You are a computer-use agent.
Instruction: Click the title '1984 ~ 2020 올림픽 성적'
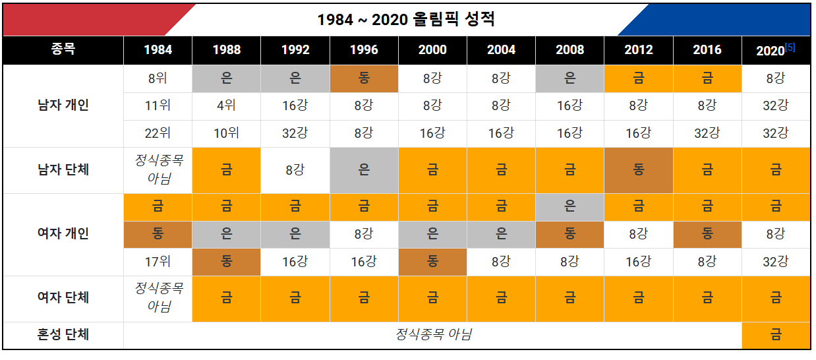point(405,19)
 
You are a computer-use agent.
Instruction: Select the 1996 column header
point(364,50)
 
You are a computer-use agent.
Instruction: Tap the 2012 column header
point(638,50)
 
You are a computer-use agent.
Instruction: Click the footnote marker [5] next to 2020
point(790,47)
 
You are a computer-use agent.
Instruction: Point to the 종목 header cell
point(63,50)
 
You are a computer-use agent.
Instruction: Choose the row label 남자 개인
point(63,105)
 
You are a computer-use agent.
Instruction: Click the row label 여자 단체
point(63,297)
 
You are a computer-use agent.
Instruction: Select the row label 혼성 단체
point(63,335)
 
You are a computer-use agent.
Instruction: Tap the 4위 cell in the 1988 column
point(226,105)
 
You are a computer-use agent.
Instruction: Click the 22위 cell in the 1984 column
point(158,133)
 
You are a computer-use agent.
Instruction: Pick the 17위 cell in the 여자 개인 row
point(158,261)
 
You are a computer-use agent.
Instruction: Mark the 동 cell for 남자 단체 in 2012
point(638,170)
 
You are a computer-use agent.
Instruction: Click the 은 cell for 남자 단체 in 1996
point(364,170)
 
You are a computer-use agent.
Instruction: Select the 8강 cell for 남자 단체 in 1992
point(295,170)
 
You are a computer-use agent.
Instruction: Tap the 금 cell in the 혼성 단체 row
point(776,335)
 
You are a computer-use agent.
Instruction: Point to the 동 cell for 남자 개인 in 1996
point(364,78)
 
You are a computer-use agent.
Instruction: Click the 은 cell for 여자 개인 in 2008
point(569,206)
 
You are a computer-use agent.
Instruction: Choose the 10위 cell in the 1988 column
point(226,133)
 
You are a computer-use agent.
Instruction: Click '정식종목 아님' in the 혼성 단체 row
point(433,335)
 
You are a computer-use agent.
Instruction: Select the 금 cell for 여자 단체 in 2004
point(501,297)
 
